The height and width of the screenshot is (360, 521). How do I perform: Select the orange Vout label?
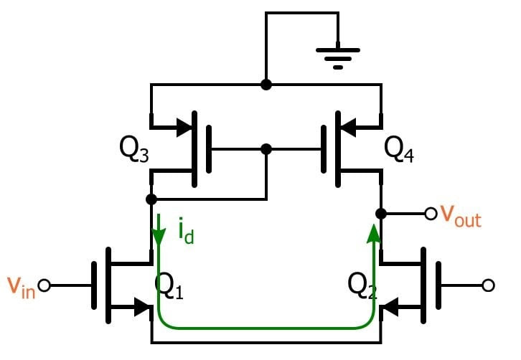tap(460, 215)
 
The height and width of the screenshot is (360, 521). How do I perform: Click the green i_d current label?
tap(185, 230)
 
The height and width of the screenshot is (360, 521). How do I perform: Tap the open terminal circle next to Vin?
tap(44, 285)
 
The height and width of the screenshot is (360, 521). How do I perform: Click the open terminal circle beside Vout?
tap(431, 213)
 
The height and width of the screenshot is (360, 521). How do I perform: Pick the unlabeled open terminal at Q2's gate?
tap(489, 285)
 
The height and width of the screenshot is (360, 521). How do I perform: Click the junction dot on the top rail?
tap(266, 85)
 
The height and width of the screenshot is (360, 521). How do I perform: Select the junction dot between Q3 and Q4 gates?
tap(266, 149)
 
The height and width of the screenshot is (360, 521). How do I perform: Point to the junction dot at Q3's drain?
tap(151, 199)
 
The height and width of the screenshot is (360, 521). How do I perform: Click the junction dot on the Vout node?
tap(381, 213)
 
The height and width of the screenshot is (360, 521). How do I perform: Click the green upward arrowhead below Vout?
tap(374, 232)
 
